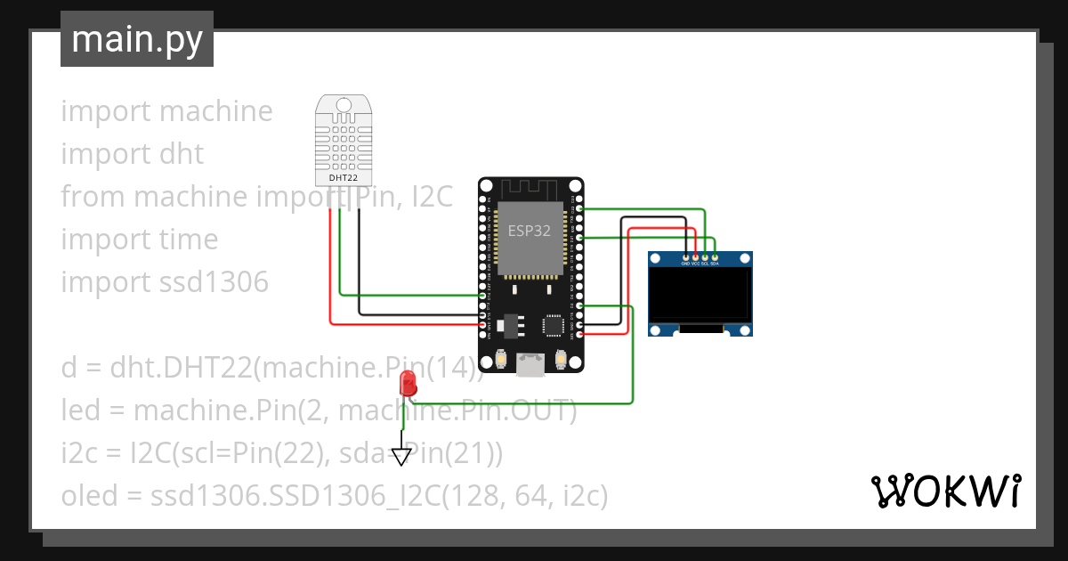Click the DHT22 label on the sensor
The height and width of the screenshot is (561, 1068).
(x=344, y=178)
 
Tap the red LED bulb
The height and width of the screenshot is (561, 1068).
(x=409, y=383)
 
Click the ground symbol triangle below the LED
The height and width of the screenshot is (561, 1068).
(x=402, y=457)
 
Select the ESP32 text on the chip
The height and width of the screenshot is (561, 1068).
(x=529, y=230)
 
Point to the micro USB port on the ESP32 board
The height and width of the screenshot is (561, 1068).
(x=531, y=364)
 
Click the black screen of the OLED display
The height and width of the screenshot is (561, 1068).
(x=700, y=295)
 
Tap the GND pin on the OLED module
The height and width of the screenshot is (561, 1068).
(x=685, y=257)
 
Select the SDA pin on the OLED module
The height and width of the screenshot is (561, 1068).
(x=715, y=257)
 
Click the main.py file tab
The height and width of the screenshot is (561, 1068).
(x=137, y=39)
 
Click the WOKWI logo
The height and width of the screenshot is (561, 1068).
(x=945, y=491)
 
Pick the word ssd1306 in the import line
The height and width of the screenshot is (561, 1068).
(x=214, y=282)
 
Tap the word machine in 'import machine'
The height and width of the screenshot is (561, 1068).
(x=215, y=111)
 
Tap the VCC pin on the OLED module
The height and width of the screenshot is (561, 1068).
(x=695, y=257)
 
